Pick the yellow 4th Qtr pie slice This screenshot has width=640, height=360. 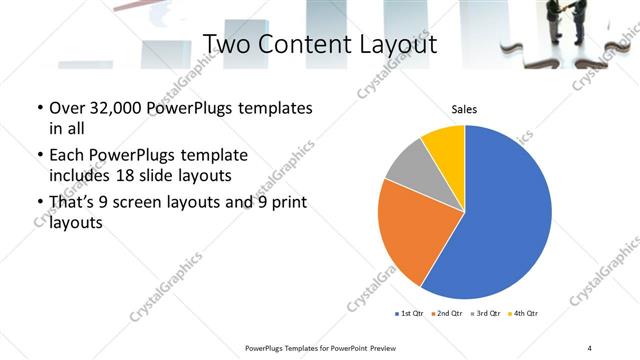(x=444, y=145)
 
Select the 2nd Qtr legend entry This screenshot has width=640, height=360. (x=447, y=314)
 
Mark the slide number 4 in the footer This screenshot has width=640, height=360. (x=589, y=347)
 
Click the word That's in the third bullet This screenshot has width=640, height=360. (x=74, y=203)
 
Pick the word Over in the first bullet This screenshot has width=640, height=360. (x=68, y=108)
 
